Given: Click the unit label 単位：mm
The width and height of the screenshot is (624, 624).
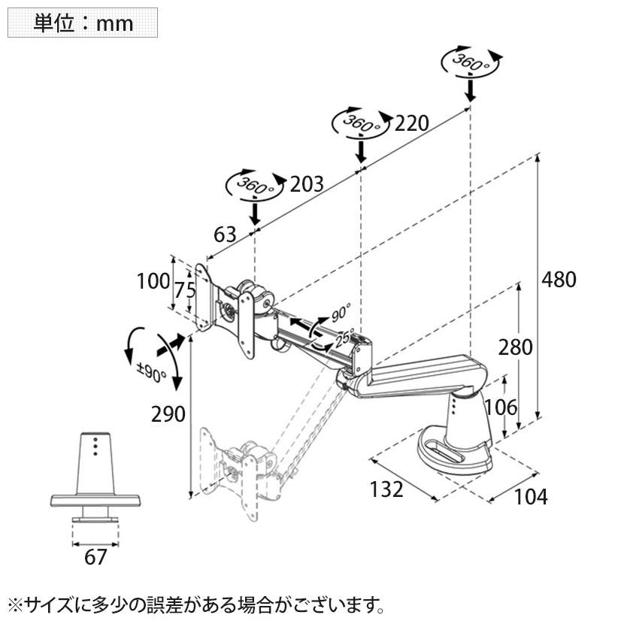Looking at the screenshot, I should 83,23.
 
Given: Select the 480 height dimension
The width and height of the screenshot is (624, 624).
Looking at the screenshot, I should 559,280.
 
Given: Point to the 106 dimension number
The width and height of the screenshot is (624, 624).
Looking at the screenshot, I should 501,407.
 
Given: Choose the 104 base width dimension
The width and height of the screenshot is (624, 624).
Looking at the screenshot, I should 531,496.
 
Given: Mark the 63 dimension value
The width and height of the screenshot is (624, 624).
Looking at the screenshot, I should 225,235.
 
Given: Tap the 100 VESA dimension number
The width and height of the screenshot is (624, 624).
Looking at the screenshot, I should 153,282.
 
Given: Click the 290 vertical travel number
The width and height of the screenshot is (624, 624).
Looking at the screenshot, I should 168,414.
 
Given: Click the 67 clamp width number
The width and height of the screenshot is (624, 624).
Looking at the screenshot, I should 95,557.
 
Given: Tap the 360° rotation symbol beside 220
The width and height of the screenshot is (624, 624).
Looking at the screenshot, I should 362,122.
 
